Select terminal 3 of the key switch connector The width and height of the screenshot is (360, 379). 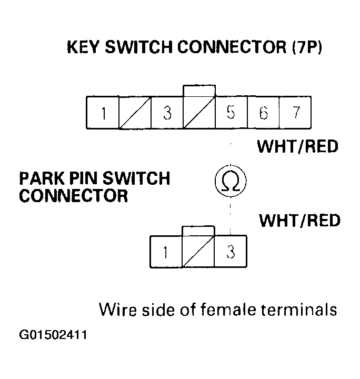167,113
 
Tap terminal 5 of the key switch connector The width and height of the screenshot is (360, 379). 231,113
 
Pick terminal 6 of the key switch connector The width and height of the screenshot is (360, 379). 263,113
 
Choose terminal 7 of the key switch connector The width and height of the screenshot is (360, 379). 295,113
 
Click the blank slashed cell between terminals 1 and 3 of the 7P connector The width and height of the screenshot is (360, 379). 135,113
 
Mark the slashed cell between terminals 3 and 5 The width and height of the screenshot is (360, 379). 199,113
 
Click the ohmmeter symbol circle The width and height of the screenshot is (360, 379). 231,182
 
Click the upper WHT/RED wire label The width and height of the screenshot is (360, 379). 297,146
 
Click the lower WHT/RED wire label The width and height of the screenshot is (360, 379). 299,220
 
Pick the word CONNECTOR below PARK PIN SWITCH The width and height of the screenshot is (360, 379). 74,196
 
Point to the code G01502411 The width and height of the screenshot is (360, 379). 53,335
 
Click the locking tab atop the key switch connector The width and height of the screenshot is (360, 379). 199,90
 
